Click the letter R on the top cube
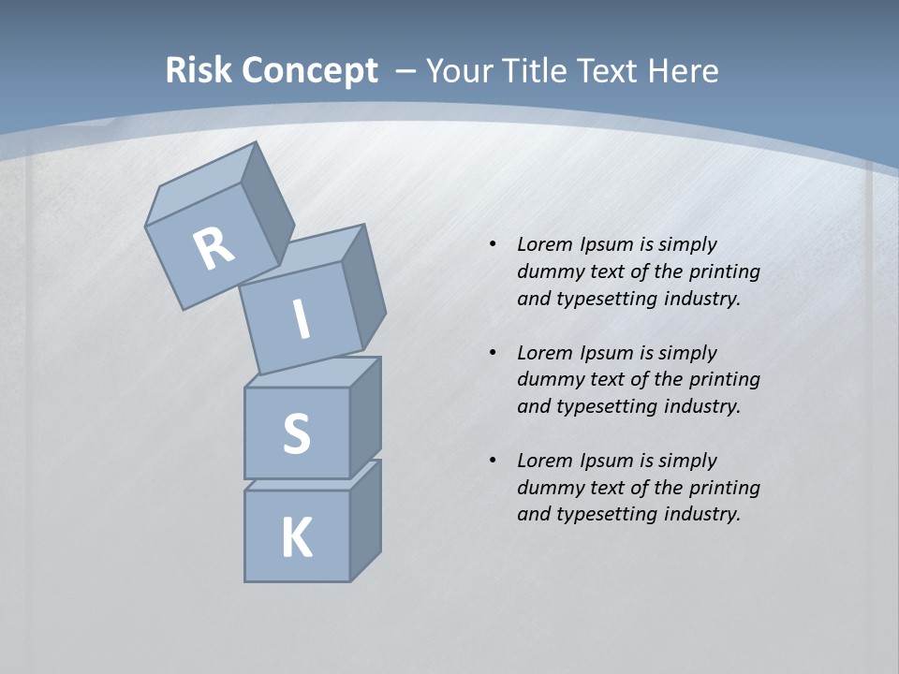[214, 248]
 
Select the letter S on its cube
[296, 434]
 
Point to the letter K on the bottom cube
[296, 538]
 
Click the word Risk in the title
[198, 70]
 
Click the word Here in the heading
[685, 70]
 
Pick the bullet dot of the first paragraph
[493, 244]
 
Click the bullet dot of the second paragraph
[493, 353]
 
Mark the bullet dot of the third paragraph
[493, 461]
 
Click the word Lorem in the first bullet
[544, 244]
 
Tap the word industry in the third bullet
[701, 514]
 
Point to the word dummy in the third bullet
[546, 488]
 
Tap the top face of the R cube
[201, 184]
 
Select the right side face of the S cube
[365, 418]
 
